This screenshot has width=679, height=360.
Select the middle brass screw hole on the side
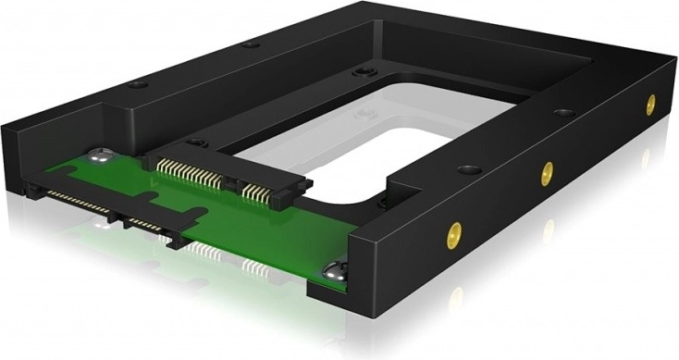tap(548, 169)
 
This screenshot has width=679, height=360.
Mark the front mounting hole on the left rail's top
tap(137, 84)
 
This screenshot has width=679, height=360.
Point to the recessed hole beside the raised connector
tap(196, 143)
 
